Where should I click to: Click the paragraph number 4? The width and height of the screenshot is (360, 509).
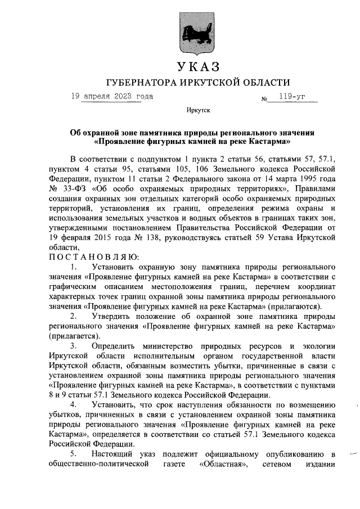(x=73, y=406)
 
